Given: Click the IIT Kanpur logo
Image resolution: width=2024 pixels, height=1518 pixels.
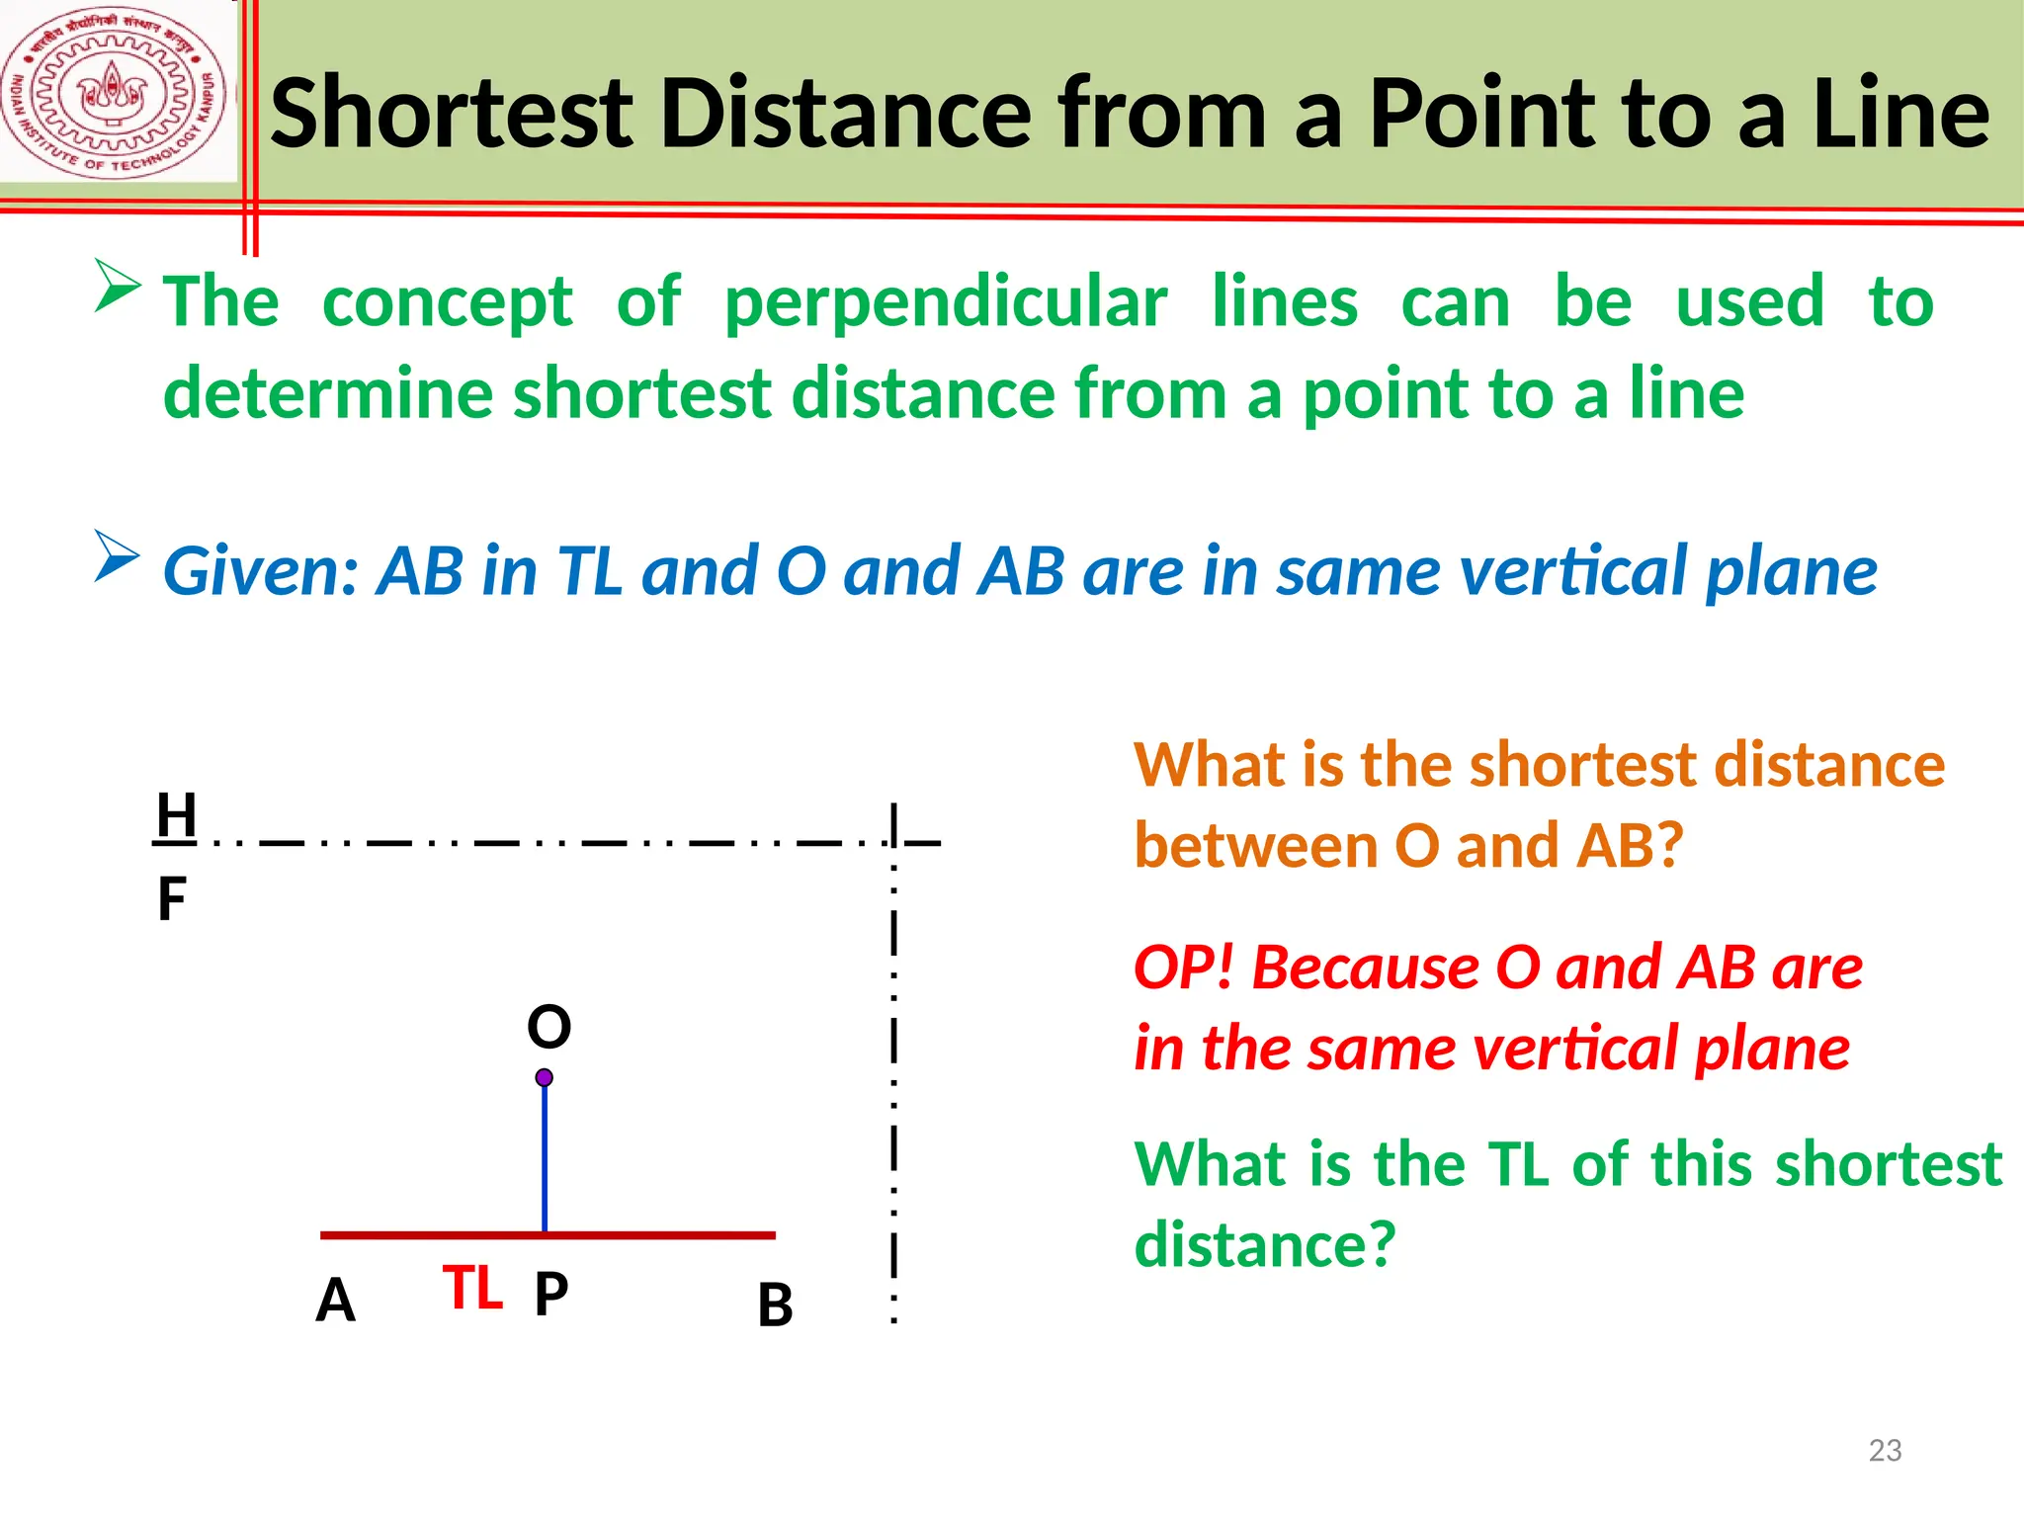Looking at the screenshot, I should tap(116, 94).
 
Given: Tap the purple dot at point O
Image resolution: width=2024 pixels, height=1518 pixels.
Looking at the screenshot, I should tap(545, 1077).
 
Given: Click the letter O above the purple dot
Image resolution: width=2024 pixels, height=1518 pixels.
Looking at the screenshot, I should tap(548, 1027).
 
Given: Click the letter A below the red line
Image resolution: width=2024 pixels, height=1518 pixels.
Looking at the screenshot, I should tap(335, 1301).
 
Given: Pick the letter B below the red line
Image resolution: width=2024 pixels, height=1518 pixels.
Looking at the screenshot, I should tap(775, 1306).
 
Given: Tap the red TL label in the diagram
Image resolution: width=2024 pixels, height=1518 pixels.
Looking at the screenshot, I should tap(472, 1289).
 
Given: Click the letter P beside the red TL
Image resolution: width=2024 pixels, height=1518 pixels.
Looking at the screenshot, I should tap(550, 1294).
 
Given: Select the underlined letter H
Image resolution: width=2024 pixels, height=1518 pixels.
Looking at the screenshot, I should tap(176, 816).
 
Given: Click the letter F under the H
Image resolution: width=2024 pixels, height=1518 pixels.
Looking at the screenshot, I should tap(172, 900).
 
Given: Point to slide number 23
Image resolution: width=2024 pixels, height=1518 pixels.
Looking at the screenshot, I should tap(1885, 1450).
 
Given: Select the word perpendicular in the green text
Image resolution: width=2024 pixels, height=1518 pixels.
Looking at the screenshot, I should tap(946, 302).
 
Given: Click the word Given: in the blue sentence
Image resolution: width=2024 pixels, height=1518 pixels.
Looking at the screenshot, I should tap(261, 572).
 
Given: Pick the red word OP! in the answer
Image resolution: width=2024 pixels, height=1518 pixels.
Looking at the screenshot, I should tap(1183, 968).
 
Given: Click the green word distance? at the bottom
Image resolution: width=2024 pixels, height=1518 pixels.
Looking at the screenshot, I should tap(1264, 1244).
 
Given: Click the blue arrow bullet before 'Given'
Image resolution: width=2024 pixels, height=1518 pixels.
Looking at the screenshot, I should tap(118, 556).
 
